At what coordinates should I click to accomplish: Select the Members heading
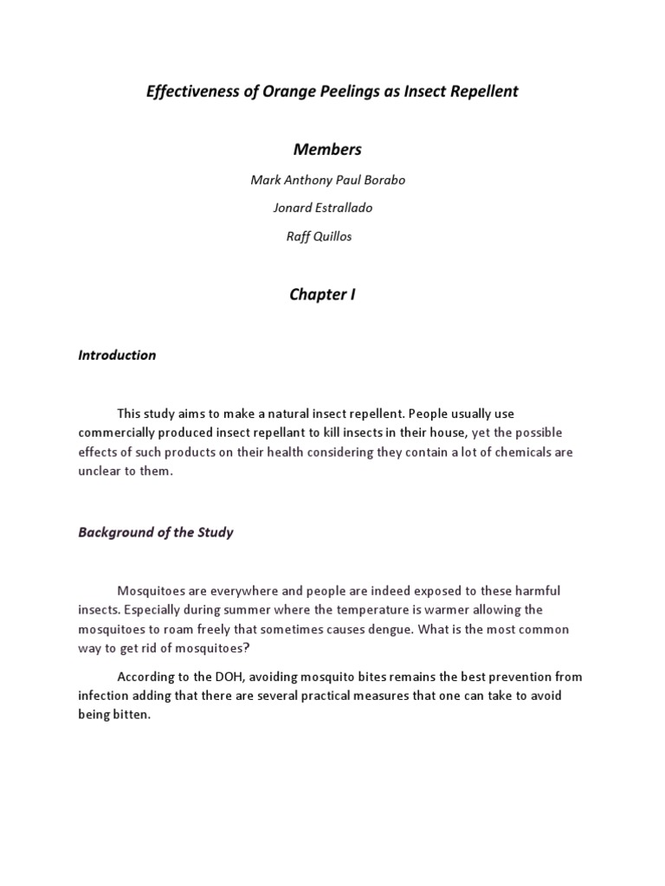(327, 149)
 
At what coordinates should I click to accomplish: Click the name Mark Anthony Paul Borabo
(327, 180)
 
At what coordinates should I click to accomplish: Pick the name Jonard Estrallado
(323, 208)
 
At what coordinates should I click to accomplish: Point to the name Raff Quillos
(319, 236)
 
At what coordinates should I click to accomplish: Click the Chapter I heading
(322, 294)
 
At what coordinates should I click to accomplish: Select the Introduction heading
(117, 355)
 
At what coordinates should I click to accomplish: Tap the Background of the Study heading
(156, 532)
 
